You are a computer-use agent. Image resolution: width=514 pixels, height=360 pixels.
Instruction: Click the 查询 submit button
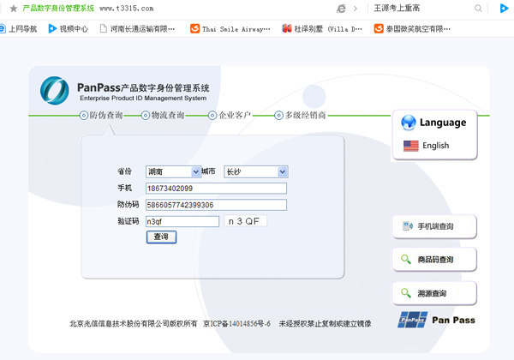[x=161, y=237]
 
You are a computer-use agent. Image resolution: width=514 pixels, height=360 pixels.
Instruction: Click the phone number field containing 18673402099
[x=216, y=189]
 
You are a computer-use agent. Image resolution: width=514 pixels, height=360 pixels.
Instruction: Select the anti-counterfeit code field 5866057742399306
[x=216, y=205]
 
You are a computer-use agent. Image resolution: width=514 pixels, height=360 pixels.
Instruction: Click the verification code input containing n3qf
[x=182, y=221]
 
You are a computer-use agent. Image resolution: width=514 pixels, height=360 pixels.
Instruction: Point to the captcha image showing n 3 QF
[x=245, y=221]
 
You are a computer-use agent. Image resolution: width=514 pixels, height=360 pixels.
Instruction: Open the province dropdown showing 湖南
[x=173, y=171]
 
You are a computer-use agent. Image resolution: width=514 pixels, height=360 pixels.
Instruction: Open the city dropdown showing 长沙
[x=255, y=171]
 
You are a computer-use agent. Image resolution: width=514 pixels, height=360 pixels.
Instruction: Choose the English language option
[x=436, y=145]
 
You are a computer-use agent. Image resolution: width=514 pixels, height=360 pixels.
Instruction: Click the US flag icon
[x=410, y=146]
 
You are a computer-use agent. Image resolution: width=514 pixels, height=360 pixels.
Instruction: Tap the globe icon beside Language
[x=409, y=123]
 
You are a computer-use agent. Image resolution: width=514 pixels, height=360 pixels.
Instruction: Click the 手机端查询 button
[x=434, y=226]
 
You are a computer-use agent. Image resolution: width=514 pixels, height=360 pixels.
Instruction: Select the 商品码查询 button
[x=434, y=260]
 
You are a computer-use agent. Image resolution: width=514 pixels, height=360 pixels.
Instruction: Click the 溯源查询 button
[x=434, y=293]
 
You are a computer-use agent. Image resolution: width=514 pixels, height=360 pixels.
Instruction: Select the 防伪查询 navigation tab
[x=101, y=115]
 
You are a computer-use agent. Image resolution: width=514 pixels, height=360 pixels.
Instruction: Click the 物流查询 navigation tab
[x=163, y=115]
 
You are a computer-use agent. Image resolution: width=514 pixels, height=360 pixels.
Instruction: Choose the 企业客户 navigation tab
[x=230, y=115]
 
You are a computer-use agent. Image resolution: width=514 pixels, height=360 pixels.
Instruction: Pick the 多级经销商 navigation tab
[x=301, y=115]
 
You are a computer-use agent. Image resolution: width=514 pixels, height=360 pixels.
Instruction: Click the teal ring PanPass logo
[x=55, y=91]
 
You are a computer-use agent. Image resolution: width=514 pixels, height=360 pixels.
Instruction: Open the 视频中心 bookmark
[x=69, y=29]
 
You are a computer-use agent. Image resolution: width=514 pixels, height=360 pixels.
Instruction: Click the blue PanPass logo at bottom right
[x=413, y=320]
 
